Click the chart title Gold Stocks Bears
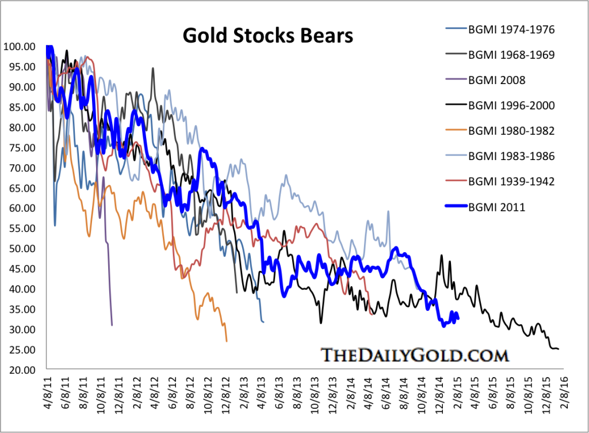pyautogui.click(x=267, y=36)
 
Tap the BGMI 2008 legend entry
pyautogui.click(x=496, y=80)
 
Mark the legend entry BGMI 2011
pyautogui.click(x=496, y=207)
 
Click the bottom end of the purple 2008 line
pyautogui.click(x=112, y=325)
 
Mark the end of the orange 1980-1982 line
pyautogui.click(x=227, y=341)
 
